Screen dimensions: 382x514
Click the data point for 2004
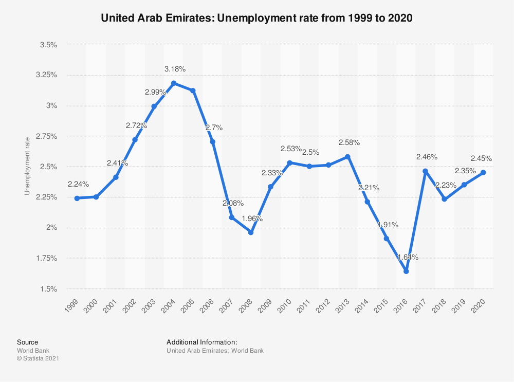pyautogui.click(x=174, y=83)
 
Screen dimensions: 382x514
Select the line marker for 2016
pyautogui.click(x=406, y=271)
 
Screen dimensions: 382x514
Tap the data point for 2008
pyautogui.click(x=251, y=232)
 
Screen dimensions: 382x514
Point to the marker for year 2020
pyautogui.click(x=484, y=173)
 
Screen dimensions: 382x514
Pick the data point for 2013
pyautogui.click(x=348, y=157)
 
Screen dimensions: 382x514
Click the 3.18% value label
pyautogui.click(x=175, y=69)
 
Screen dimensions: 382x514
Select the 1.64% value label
pyautogui.click(x=408, y=257)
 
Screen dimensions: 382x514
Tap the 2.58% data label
pyautogui.click(x=349, y=142)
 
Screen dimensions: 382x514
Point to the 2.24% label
pyautogui.click(x=78, y=184)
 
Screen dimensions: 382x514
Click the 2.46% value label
pyautogui.click(x=427, y=156)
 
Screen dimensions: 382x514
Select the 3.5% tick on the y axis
pyautogui.click(x=48, y=45)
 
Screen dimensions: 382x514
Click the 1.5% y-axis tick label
pyautogui.click(x=48, y=289)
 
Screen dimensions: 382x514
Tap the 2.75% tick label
pyautogui.click(x=47, y=136)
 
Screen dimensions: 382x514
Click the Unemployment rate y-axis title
pyautogui.click(x=28, y=165)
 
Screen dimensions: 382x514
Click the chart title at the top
pyautogui.click(x=257, y=19)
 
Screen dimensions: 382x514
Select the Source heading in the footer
pyautogui.click(x=27, y=342)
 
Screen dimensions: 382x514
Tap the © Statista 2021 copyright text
pyautogui.click(x=38, y=359)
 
